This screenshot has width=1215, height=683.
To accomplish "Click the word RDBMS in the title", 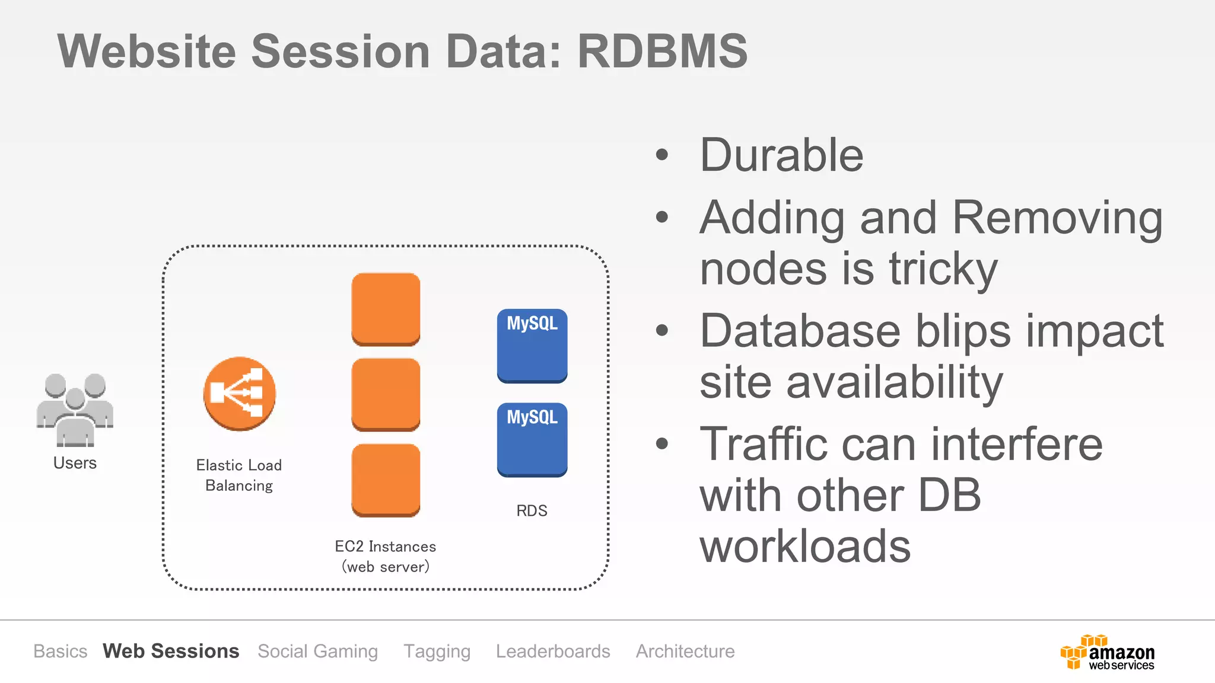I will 662,52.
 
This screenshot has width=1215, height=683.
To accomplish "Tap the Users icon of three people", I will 75,410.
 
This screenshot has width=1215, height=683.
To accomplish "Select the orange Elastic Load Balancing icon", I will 239,394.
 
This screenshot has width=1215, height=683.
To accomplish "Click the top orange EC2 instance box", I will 386,309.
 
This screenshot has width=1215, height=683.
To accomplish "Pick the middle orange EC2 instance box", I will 386,394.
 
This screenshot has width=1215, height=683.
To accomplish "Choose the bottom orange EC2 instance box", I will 386,480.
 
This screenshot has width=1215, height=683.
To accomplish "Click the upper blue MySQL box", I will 532,346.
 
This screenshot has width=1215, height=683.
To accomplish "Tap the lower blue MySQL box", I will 532,439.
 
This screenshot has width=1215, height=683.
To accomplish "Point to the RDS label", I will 532,510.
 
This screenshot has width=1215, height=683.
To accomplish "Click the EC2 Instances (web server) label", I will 386,556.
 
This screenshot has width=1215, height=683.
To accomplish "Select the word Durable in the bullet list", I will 781,155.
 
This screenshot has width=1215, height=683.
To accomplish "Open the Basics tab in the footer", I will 60,651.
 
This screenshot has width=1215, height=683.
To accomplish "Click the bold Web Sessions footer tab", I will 171,651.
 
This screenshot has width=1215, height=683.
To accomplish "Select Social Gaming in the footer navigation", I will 317,651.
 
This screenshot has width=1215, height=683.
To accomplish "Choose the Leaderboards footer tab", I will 553,651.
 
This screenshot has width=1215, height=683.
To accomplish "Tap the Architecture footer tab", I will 685,651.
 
